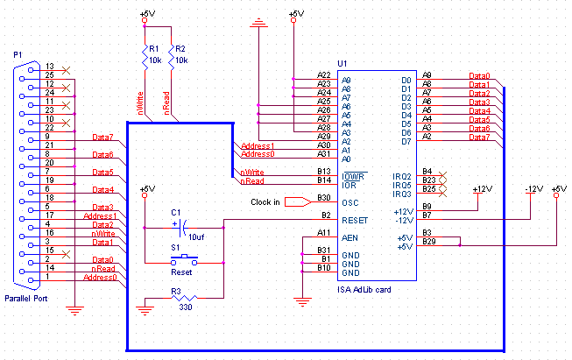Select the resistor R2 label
180,48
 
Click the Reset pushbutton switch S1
183,258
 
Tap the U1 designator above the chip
342,64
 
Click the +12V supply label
482,189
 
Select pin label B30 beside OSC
324,198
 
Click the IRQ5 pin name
402,185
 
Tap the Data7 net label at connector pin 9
102,137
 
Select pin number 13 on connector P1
50,67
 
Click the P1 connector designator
18,54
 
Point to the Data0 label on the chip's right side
479,76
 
